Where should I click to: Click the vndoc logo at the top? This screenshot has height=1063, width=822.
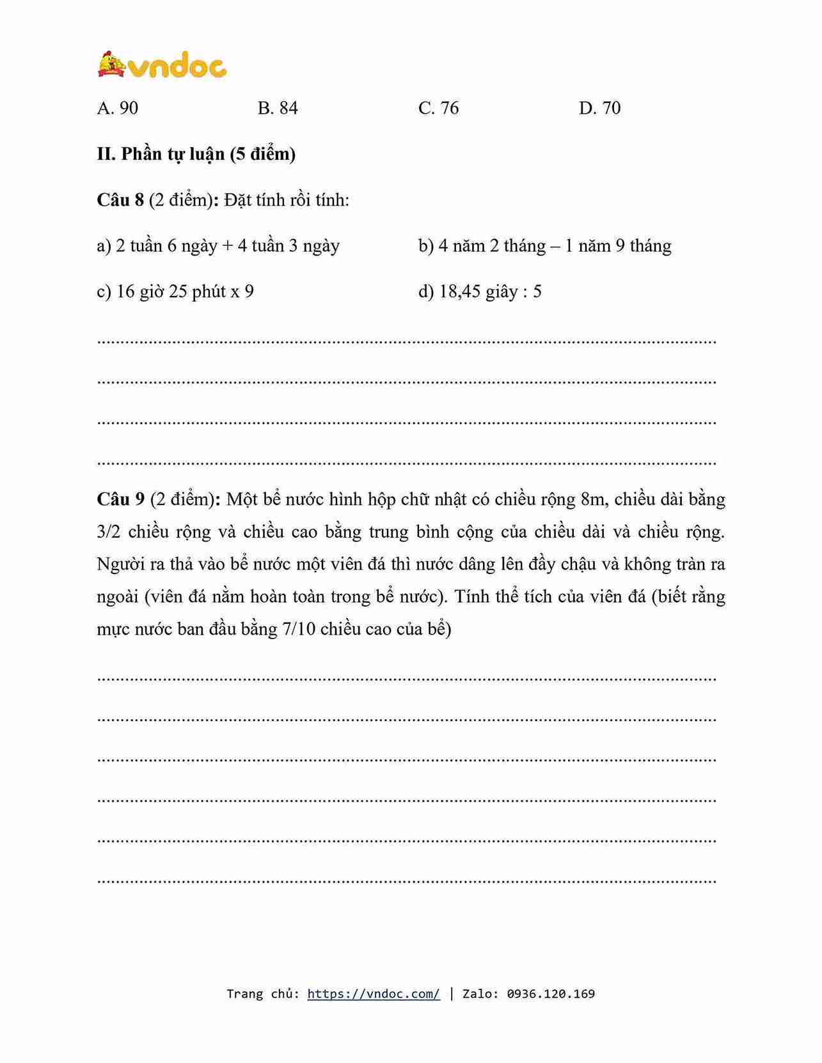pos(162,65)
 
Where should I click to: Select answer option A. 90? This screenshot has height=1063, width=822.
pos(118,108)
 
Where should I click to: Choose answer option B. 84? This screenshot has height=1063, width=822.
pos(278,108)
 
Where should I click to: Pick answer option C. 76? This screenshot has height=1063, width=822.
pos(438,108)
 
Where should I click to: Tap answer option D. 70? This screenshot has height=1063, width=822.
pos(599,108)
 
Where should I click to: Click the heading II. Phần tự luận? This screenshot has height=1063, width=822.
pos(196,154)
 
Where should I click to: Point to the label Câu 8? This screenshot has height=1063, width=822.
pos(120,200)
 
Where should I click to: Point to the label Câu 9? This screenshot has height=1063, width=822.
pos(120,499)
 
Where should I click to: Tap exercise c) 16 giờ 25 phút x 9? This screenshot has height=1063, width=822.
pos(175,291)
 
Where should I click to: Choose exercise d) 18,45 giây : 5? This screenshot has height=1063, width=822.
pos(480,291)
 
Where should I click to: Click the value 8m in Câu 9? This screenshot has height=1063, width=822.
pos(593,499)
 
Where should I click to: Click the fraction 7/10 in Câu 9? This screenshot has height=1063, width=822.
pos(299,629)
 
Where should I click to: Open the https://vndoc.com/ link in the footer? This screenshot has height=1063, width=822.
pos(374,993)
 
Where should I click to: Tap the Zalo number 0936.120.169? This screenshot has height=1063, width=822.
pos(551,993)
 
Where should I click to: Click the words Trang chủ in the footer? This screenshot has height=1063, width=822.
pos(262,993)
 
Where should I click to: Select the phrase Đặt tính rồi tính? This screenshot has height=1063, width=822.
pos(287,200)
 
